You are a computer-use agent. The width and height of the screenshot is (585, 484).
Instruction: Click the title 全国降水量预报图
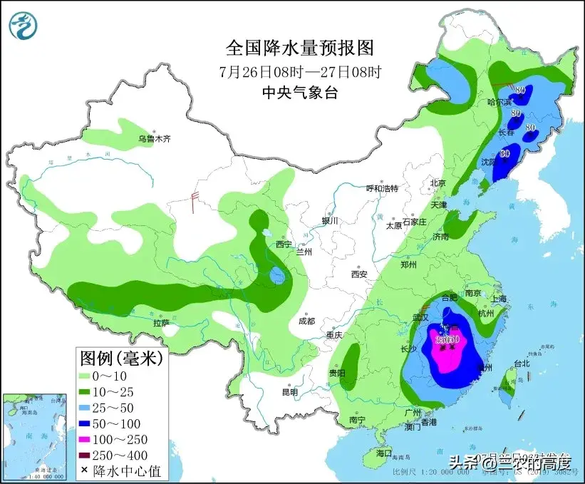coord(299,48)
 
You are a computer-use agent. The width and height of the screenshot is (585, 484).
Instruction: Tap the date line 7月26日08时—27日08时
coord(299,71)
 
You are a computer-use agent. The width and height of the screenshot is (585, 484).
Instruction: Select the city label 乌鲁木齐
coord(155,139)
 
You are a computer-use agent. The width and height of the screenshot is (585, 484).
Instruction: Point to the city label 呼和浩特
coord(382,188)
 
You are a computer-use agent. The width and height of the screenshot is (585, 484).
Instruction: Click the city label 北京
coord(437,183)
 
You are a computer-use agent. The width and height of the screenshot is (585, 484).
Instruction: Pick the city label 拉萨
coord(161,323)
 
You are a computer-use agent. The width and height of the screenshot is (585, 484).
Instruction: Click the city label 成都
coord(307,320)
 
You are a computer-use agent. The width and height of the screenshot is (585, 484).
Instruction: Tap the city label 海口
coord(384,453)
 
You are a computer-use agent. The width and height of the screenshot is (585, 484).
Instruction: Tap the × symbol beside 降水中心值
coord(85,470)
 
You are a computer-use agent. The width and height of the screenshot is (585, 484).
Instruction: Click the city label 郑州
coord(409,264)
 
